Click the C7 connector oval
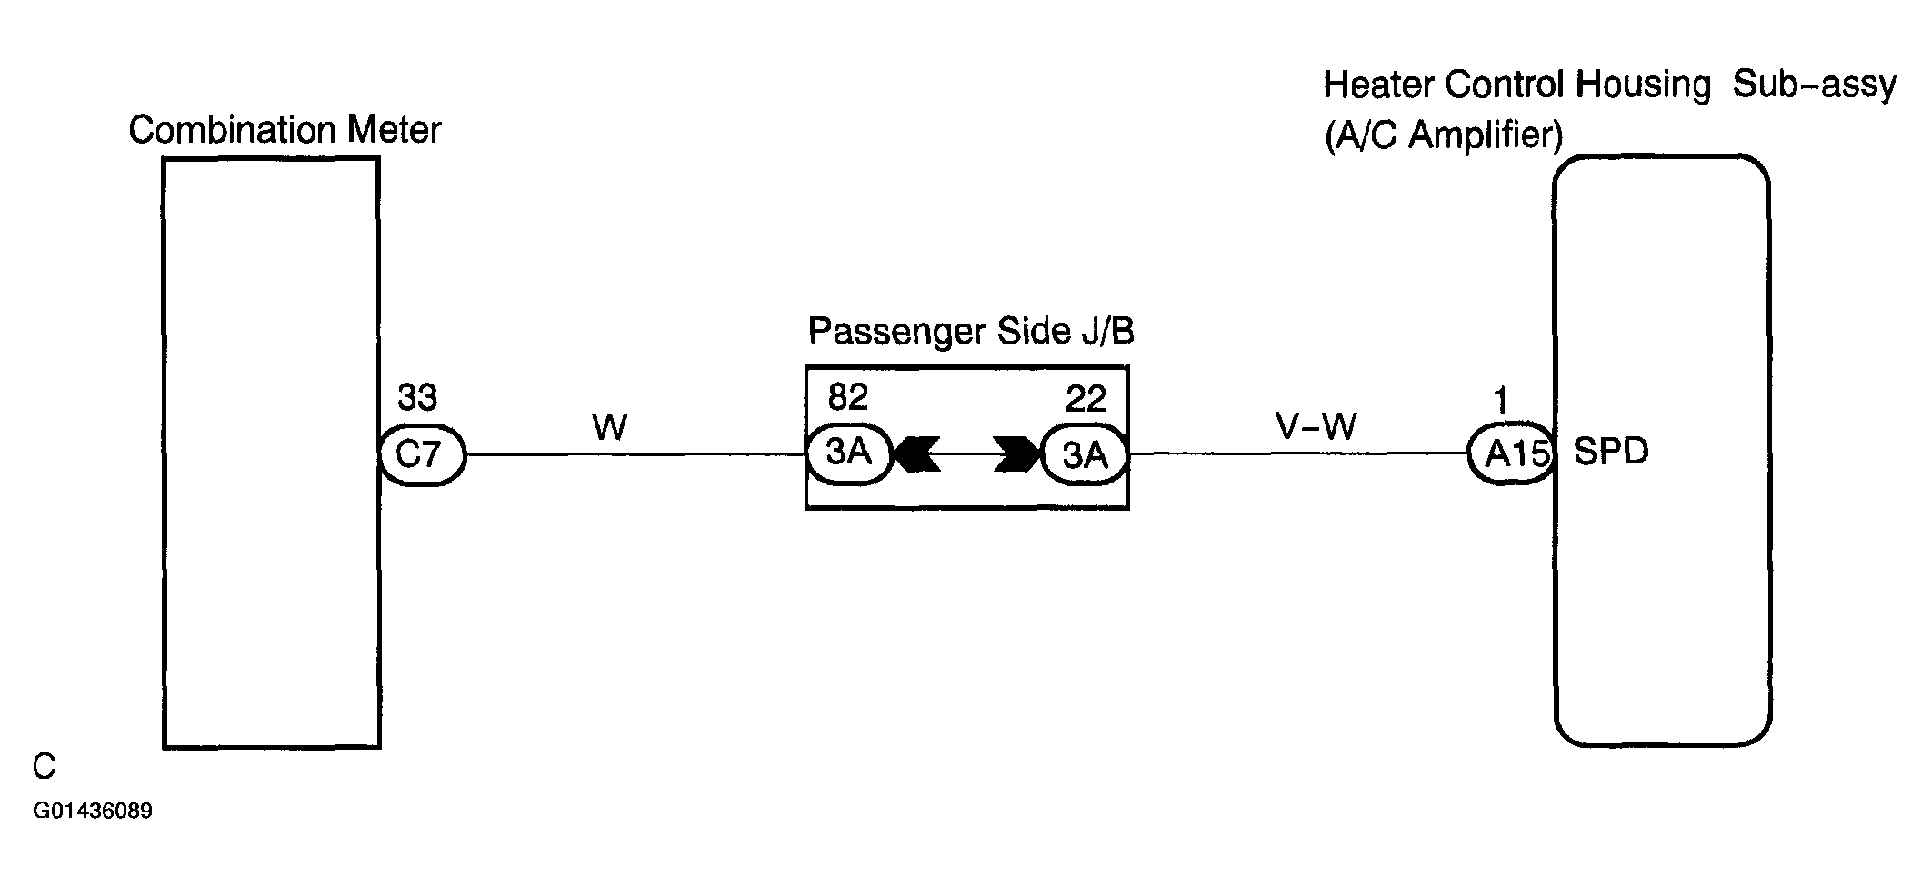(x=422, y=453)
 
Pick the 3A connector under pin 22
(x=1085, y=453)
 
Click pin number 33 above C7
(x=417, y=397)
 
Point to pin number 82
(x=848, y=397)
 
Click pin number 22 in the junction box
(x=1086, y=398)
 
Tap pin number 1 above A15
(x=1501, y=401)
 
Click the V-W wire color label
(x=1316, y=425)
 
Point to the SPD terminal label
(x=1611, y=452)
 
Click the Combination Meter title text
(x=285, y=130)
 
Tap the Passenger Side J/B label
(x=971, y=332)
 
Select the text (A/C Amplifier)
(x=1444, y=136)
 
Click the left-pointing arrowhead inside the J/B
(x=916, y=453)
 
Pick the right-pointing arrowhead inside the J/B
(x=1017, y=453)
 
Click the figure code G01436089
(x=93, y=811)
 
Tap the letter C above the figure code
(x=44, y=768)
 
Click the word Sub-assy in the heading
(x=1815, y=85)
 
